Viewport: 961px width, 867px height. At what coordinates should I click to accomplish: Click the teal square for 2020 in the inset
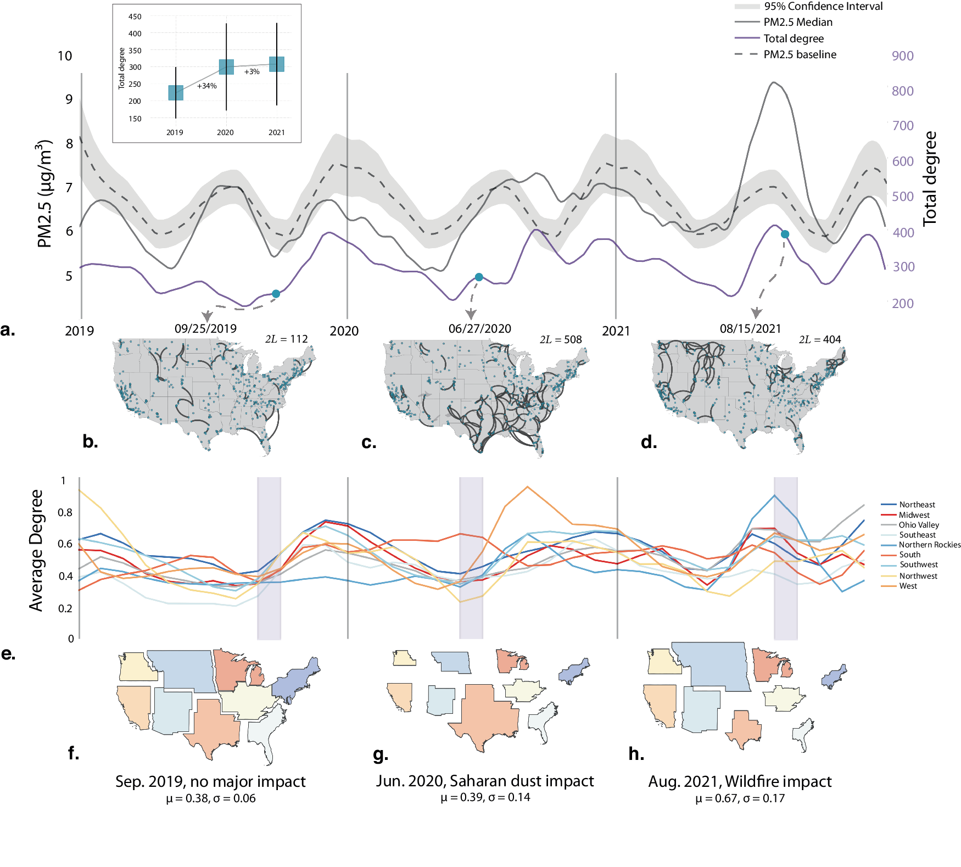[x=226, y=67]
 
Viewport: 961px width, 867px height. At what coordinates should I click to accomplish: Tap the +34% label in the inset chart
[x=207, y=86]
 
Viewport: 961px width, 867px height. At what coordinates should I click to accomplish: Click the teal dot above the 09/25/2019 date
[x=276, y=294]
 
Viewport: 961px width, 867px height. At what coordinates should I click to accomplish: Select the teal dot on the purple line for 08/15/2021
[x=785, y=234]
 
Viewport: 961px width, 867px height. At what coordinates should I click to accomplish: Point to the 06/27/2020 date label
[x=479, y=329]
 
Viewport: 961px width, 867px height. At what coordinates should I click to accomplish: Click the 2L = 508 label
[x=561, y=340]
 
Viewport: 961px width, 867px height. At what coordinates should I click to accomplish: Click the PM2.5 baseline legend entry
[x=799, y=55]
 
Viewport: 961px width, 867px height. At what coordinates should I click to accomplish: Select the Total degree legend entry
[x=793, y=39]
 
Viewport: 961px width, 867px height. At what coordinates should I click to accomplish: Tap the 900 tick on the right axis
[x=903, y=56]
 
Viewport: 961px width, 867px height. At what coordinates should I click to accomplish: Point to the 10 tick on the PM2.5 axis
[x=65, y=56]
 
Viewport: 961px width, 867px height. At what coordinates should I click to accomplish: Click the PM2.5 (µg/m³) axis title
[x=44, y=193]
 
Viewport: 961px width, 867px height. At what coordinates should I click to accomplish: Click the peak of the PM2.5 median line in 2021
[x=773, y=83]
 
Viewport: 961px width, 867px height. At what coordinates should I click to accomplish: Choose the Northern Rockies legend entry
[x=929, y=545]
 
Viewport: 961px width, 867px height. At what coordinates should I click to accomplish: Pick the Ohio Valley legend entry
[x=918, y=525]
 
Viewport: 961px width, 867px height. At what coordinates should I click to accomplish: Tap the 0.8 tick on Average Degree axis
[x=65, y=512]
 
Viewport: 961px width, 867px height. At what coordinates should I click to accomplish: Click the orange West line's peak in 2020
[x=527, y=487]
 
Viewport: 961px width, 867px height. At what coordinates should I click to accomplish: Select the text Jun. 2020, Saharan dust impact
[x=485, y=781]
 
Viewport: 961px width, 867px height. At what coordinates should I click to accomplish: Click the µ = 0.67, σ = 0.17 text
[x=740, y=799]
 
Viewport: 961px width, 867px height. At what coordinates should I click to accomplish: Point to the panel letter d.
[x=649, y=442]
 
